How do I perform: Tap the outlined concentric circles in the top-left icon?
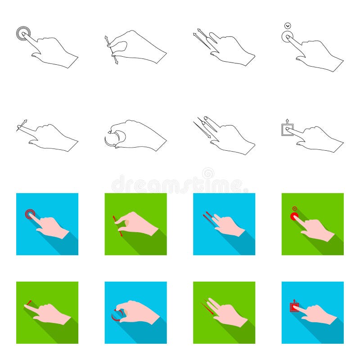pyautogui.click(x=23, y=33)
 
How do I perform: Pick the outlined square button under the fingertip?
pyautogui.click(x=286, y=130)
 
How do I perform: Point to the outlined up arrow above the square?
pyautogui.click(x=287, y=121)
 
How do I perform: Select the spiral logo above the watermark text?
pyautogui.click(x=208, y=173)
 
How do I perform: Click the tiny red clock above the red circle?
pyautogui.click(x=294, y=208)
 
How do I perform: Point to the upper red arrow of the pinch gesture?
pyautogui.click(x=114, y=219)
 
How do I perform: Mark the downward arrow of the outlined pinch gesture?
pyautogui.click(x=116, y=60)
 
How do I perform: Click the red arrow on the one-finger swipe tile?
pyautogui.click(x=28, y=303)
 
